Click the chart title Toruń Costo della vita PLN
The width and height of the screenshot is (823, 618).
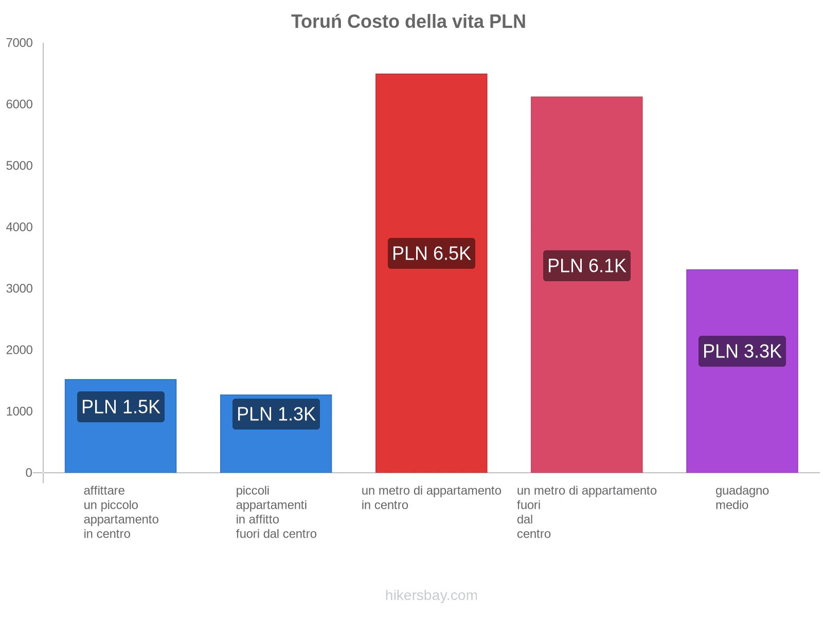click(408, 22)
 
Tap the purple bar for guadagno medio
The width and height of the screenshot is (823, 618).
click(742, 412)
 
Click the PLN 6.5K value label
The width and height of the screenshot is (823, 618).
click(431, 253)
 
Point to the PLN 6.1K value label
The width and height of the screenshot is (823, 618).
click(586, 266)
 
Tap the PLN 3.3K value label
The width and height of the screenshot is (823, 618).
click(742, 351)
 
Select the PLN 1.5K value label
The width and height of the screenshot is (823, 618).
click(120, 407)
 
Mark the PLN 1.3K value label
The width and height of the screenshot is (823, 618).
click(276, 414)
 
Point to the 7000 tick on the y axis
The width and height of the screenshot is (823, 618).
click(20, 43)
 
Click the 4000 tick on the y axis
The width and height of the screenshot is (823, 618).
click(20, 227)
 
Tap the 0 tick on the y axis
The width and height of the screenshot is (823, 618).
click(29, 473)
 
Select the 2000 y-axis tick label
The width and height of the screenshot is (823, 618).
click(20, 350)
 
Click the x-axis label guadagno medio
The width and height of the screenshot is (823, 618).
click(742, 497)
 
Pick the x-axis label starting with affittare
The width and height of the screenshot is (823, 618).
click(121, 512)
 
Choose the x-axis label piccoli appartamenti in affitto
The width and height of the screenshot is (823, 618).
click(276, 512)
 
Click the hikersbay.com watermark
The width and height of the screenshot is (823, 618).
click(431, 595)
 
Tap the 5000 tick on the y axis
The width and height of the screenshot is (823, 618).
click(20, 166)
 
